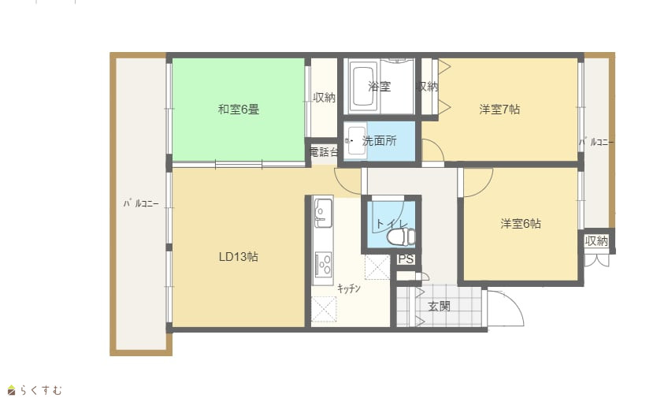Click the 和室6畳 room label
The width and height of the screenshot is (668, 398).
tap(239, 110)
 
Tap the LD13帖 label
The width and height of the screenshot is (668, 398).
tap(238, 256)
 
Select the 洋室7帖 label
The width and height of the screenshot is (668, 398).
tap(499, 110)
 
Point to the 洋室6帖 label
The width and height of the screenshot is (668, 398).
tap(521, 223)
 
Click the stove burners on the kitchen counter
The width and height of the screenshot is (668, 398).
tap(323, 264)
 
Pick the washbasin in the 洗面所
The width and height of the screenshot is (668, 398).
tap(355, 140)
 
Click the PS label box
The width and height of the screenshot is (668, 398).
tap(406, 259)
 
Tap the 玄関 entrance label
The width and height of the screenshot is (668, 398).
tap(439, 306)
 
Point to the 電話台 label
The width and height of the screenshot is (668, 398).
tap(325, 151)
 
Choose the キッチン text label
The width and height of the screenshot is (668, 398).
tap(349, 288)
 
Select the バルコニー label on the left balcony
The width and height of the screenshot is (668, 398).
tap(141, 203)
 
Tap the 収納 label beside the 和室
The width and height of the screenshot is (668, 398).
tap(325, 98)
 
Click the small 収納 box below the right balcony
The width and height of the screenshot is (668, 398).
tap(596, 241)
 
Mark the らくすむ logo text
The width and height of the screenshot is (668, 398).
tap(41, 390)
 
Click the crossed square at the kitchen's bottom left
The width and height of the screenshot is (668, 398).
tap(324, 310)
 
